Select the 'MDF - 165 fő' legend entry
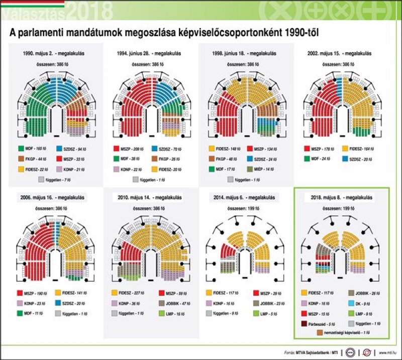tap(34, 149)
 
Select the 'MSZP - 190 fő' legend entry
tap(34, 293)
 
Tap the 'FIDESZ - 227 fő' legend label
tap(130, 293)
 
